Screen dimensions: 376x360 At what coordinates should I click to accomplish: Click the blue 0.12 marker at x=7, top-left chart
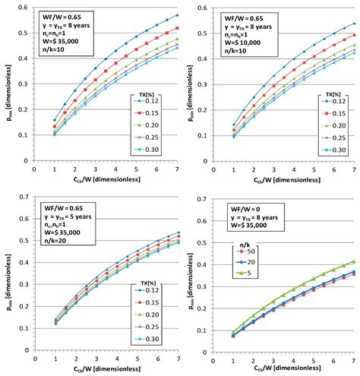click(x=178, y=15)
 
